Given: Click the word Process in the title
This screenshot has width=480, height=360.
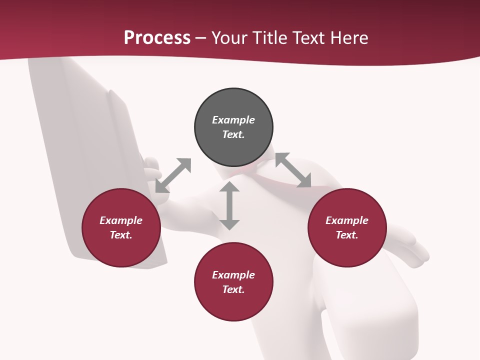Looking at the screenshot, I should (x=157, y=38).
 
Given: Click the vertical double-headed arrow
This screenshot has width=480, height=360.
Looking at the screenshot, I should (x=229, y=206).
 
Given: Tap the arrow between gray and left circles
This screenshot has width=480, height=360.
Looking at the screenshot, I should (x=173, y=175).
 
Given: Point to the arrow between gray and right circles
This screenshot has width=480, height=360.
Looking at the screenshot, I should (x=293, y=170).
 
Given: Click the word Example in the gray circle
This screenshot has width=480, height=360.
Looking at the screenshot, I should (x=233, y=120).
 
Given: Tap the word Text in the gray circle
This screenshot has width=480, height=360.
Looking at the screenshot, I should (x=233, y=134).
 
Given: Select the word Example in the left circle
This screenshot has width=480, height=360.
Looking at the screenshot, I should (x=121, y=220).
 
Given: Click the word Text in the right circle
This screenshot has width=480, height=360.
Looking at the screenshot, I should (x=347, y=235).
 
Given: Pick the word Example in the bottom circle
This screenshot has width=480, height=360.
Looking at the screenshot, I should (x=233, y=275).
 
